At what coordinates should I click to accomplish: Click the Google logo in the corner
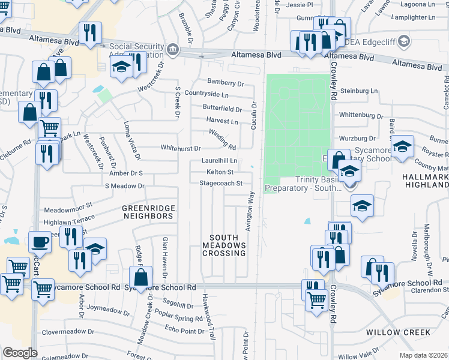[x=20, y=353]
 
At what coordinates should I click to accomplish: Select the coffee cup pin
[x=40, y=242]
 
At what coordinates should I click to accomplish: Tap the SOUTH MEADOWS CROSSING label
[x=224, y=245]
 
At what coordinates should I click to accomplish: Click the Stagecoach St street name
[x=221, y=183]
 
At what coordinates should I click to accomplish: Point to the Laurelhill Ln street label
[x=219, y=161]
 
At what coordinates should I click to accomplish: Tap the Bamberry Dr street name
[x=226, y=83]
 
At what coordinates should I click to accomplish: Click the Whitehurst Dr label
[x=180, y=148]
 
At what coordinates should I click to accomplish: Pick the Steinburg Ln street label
[x=360, y=91]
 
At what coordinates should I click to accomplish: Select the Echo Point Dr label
[x=184, y=329]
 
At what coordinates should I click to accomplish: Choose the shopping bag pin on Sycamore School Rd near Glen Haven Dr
[x=141, y=278]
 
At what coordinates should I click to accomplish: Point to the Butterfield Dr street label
[x=221, y=109]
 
